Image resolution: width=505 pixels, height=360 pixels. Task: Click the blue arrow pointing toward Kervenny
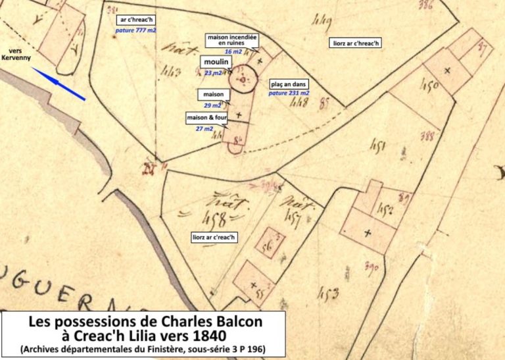[59, 85]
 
